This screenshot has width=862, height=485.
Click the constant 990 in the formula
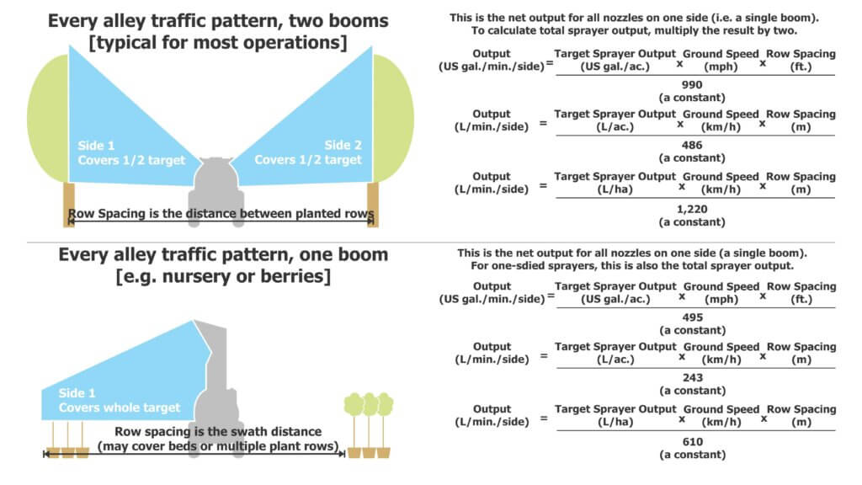coord(692,85)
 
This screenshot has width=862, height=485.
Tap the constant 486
coord(692,145)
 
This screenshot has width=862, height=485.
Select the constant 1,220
coord(692,209)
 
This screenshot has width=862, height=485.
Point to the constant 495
coord(692,317)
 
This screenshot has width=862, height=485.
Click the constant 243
coord(692,378)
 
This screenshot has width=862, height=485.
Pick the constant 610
coord(692,441)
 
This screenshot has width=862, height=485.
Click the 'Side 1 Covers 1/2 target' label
coord(131,153)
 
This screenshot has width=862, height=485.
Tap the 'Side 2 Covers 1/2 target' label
coord(308,152)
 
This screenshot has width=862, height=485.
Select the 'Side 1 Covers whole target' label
coord(120,400)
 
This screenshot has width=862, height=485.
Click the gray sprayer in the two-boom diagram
coord(216,189)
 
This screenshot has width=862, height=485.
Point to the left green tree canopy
coord(48,118)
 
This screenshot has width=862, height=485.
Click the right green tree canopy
coord(393,118)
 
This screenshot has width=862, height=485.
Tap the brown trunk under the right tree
coord(373,205)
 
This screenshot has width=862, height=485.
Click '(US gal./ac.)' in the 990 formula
coord(615,67)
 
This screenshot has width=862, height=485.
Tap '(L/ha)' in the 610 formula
coord(615,422)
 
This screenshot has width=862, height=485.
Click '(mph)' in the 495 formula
coord(721,299)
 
